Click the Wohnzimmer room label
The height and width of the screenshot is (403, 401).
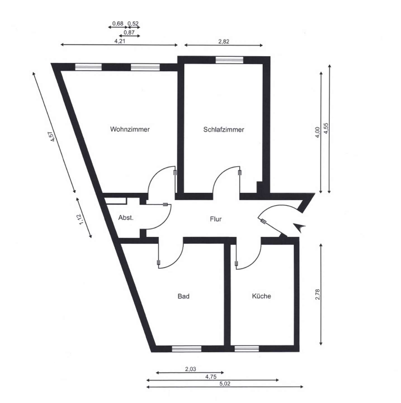tap(130, 129)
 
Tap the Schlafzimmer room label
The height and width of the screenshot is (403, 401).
tap(223, 130)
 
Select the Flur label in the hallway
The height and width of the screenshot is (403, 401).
tap(216, 219)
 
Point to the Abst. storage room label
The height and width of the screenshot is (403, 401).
tap(126, 218)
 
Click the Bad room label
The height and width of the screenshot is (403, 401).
tap(183, 296)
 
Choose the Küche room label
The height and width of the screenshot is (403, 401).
tap(261, 296)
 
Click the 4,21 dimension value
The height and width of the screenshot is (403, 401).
tap(120, 41)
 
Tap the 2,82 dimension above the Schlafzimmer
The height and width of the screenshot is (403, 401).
tap(224, 42)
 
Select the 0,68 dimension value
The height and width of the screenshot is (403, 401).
tap(118, 24)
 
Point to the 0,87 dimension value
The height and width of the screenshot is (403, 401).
tap(129, 32)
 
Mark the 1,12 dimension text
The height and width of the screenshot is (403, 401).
tap(81, 219)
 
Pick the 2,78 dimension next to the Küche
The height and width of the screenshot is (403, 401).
tap(317, 294)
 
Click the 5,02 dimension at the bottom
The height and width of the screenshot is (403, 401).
tap(225, 384)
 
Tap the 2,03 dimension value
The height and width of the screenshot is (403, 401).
tap(190, 369)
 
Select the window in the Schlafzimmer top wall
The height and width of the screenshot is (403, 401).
tap(229, 60)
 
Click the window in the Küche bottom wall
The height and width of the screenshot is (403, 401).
tap(247, 349)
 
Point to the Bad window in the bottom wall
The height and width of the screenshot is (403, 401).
tap(187, 349)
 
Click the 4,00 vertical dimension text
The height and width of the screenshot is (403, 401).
tap(317, 133)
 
